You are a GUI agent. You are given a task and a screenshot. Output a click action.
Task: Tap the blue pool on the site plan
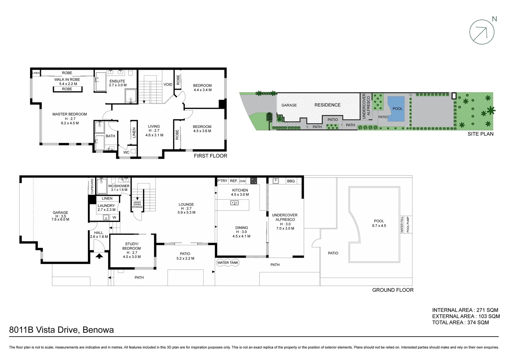tap(396, 109)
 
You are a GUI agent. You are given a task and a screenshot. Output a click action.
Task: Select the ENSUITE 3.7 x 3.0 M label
tap(117, 83)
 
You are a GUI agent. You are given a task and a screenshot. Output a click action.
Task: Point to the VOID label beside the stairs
tap(168, 84)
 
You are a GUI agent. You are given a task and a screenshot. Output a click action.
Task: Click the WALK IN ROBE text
tap(67, 80)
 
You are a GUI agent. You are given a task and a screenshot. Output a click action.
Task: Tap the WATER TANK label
tap(228, 263)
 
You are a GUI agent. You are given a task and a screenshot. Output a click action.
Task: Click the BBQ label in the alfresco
tap(291, 181)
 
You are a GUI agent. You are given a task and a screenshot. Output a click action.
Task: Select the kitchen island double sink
tap(234, 203)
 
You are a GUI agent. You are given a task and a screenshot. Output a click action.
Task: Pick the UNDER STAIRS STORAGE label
tap(137, 205)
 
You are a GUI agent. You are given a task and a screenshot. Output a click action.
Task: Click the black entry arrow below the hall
tap(99, 256)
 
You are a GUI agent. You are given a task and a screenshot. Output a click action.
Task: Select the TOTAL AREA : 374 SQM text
tap(460, 322)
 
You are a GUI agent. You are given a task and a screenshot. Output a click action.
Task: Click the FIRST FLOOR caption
tap(210, 156)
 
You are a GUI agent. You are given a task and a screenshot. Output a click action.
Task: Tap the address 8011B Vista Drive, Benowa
tap(62, 330)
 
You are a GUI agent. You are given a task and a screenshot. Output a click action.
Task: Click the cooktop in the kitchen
tap(254, 181)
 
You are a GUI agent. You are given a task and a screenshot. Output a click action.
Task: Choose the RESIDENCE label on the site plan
tap(327, 105)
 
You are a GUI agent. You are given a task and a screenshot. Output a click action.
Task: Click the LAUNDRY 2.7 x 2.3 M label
tap(106, 208)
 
